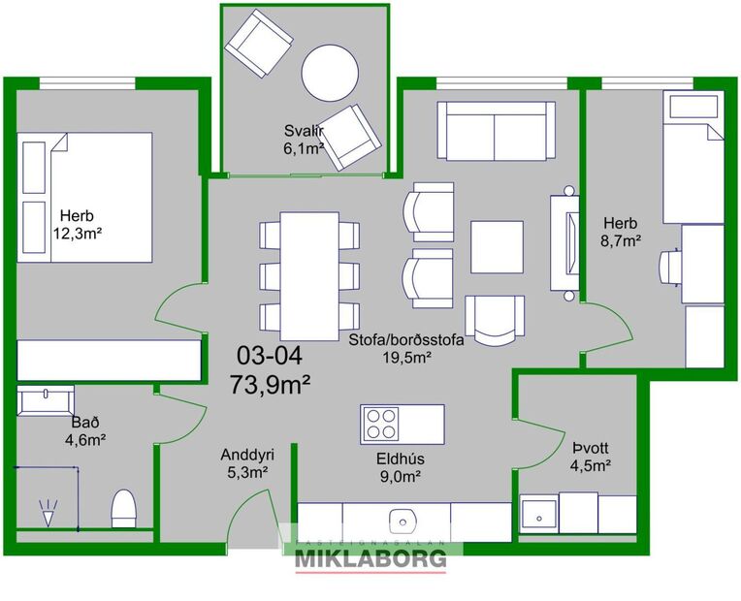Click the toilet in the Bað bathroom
(x=122, y=508)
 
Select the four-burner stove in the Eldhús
(x=381, y=424)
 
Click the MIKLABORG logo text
(x=370, y=558)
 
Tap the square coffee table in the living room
(x=498, y=247)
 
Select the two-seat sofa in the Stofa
(x=495, y=131)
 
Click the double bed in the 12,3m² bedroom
(x=86, y=197)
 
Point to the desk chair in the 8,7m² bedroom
(x=670, y=264)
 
